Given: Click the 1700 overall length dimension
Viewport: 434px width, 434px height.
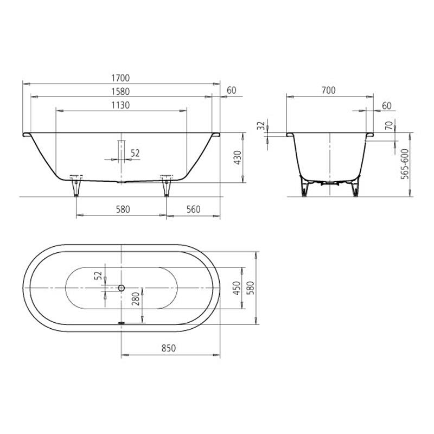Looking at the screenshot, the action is point(120,78).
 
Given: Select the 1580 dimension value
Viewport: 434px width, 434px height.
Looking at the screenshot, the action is point(120,92).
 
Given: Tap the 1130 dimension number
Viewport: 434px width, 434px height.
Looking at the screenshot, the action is point(120,105).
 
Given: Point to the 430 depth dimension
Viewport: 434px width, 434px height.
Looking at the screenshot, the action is point(238,158).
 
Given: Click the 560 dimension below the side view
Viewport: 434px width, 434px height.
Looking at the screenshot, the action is point(193,209).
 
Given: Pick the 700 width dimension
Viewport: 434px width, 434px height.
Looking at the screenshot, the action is point(329,90).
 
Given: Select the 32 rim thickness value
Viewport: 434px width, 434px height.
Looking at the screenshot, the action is point(261,126).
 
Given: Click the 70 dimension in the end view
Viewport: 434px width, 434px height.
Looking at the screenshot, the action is point(389,125).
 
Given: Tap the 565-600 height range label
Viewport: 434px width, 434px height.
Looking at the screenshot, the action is point(405,164).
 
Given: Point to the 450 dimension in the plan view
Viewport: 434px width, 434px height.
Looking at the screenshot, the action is point(237,288).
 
